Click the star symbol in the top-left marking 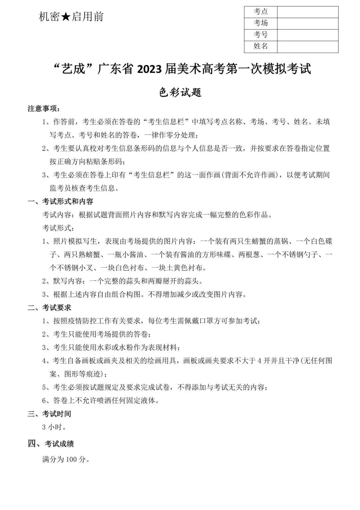tap(66, 17)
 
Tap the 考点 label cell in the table tap(261, 12)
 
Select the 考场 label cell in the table tap(261, 23)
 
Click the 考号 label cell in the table tap(261, 35)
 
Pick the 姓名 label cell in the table tap(261, 46)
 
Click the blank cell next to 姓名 tap(307, 46)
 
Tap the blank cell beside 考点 tap(307, 12)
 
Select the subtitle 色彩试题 tap(180, 92)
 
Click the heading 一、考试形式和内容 tap(60, 201)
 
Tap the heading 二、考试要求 tap(49, 308)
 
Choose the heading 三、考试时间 tap(49, 414)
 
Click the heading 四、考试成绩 tap(51, 444)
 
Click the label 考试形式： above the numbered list tap(57, 228)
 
